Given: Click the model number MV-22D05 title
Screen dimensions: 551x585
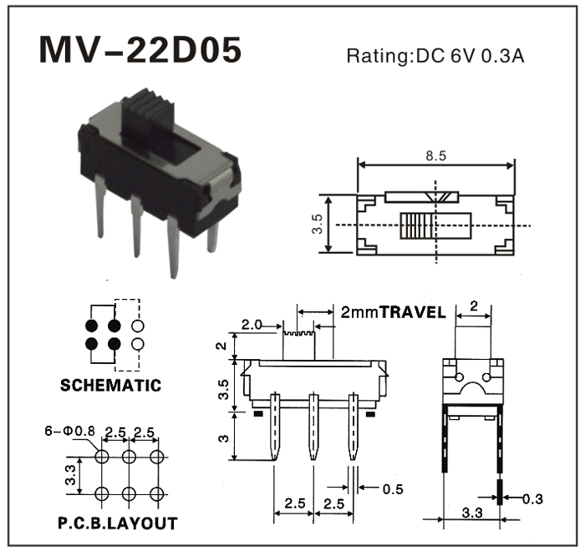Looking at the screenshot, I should [x=140, y=51].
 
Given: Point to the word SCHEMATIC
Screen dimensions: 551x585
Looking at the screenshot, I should [x=110, y=386].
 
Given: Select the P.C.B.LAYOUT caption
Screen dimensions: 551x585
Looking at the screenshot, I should [x=117, y=523].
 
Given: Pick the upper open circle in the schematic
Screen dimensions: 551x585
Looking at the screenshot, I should [x=138, y=325].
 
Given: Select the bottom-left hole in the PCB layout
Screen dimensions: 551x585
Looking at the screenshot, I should [x=102, y=493].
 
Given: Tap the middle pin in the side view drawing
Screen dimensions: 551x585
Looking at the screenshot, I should [x=313, y=430].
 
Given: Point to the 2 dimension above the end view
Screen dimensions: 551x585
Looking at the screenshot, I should [x=473, y=308].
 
